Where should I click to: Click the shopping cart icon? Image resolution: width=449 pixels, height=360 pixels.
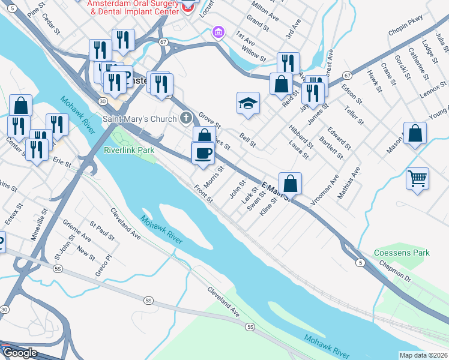click(417, 178)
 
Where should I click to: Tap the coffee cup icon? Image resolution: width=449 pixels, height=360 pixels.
click(203, 153)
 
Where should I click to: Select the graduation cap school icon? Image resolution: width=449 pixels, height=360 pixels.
click(248, 103)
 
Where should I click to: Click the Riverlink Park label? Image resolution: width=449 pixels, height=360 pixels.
click(129, 149)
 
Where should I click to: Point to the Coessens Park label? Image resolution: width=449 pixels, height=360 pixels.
click(402, 253)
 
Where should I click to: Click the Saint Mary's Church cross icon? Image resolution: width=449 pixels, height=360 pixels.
click(187, 118)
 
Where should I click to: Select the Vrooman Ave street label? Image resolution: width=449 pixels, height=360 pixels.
click(325, 191)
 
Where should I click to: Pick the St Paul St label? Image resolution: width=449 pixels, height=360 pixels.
click(102, 231)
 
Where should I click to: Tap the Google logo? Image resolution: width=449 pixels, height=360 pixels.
click(19, 353)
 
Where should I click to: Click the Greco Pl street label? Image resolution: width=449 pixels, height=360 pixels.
click(104, 266)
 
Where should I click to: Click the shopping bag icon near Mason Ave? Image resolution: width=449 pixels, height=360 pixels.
click(415, 134)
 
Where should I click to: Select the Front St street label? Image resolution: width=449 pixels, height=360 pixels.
click(203, 193)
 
